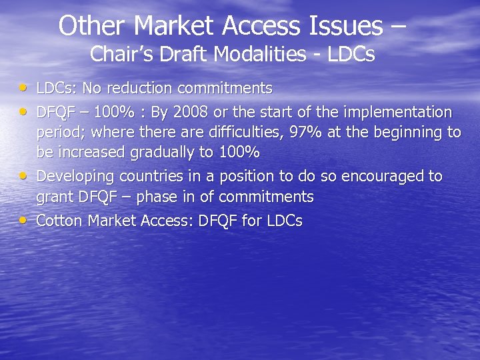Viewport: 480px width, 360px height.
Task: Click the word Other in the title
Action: tap(92, 26)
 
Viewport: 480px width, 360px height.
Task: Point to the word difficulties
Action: tap(237, 132)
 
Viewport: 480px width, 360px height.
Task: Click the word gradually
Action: tap(163, 153)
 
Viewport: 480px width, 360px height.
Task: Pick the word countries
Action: tap(145, 176)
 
